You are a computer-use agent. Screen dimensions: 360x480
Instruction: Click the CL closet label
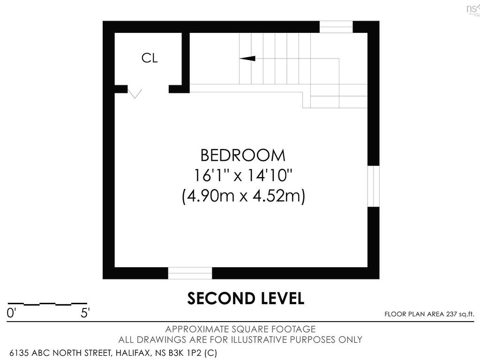pos(150,58)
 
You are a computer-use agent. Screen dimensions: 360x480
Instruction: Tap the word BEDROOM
pos(242,155)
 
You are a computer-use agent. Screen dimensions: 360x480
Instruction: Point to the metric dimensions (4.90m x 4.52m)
pos(243,196)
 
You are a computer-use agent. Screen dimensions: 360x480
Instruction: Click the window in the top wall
pos(336,27)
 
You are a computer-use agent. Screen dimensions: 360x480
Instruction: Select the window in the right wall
pos(373,186)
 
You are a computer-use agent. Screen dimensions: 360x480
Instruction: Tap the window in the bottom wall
pos(190,273)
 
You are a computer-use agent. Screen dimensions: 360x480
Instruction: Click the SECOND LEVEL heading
pos(246,299)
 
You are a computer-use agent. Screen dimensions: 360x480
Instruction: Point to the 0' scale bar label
pos(11,313)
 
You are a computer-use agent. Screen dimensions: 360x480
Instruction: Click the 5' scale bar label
pos(85,313)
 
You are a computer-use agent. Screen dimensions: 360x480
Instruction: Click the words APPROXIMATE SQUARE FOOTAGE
pos(240,329)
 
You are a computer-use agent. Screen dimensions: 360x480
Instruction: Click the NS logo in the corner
pos(472,8)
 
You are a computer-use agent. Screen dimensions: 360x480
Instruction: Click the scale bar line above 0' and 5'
pos(47,304)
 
